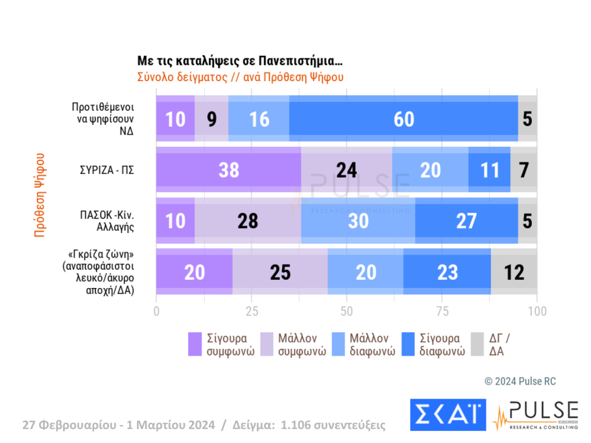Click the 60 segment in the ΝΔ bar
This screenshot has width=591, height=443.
(x=403, y=119)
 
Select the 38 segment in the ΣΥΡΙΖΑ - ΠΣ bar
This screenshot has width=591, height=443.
(x=228, y=170)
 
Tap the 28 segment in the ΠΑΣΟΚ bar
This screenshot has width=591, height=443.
(x=248, y=220)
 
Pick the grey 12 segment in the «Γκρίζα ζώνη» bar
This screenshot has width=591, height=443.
(x=514, y=271)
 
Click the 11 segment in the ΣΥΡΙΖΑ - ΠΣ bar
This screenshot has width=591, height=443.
(x=489, y=170)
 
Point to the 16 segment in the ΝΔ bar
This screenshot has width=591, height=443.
(x=259, y=119)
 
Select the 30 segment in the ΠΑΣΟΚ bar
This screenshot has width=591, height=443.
(x=358, y=220)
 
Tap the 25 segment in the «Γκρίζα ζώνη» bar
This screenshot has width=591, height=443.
(x=279, y=271)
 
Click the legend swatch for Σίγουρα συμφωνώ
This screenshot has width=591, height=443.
(x=195, y=344)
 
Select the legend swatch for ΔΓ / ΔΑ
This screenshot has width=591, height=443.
(x=478, y=344)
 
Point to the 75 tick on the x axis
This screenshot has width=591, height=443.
(x=442, y=311)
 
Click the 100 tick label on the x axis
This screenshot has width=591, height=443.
(x=537, y=311)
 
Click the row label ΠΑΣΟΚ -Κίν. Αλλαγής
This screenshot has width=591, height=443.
(x=108, y=220)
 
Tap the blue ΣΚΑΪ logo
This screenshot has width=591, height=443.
(x=447, y=415)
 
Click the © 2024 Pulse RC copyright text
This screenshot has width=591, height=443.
(x=520, y=381)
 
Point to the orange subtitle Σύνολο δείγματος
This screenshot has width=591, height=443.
(x=240, y=77)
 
